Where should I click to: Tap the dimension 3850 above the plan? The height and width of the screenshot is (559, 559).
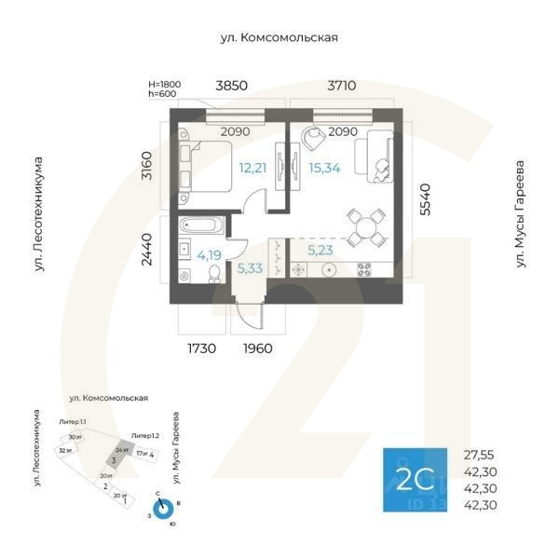click(x=231, y=86)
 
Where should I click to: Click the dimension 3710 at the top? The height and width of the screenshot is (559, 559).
click(x=341, y=86)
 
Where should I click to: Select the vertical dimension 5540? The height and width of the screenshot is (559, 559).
click(x=426, y=199)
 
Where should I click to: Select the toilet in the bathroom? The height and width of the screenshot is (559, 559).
click(x=214, y=272)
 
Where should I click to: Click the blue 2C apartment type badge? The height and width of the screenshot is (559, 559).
click(x=415, y=479)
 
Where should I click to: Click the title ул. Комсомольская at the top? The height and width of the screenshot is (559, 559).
click(x=279, y=38)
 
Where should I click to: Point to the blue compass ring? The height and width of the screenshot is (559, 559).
click(x=164, y=510)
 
